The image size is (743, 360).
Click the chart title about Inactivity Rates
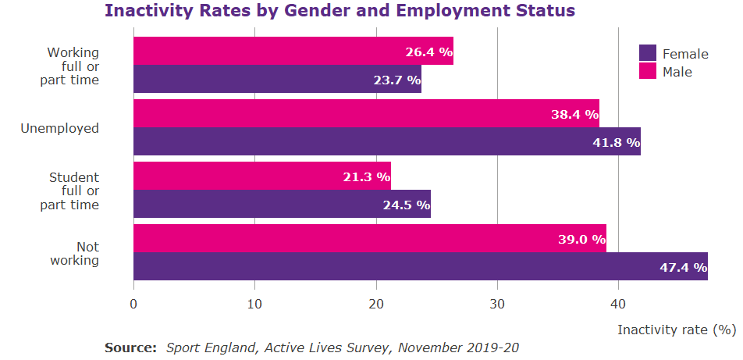340,11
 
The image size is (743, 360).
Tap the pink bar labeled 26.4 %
293,52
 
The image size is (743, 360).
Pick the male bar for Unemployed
366,114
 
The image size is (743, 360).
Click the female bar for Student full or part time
282,205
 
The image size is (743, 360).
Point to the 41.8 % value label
617,143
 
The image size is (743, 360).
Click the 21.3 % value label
366,177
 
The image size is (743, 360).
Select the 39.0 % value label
581,240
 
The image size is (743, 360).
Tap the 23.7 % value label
396,80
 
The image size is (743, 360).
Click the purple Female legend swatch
648,53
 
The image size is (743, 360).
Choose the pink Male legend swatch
648,71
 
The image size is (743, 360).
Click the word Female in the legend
685,54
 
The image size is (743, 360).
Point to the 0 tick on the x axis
133,304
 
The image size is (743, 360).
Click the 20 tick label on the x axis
376,304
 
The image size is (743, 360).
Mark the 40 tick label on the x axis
619,304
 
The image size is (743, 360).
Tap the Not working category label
76,254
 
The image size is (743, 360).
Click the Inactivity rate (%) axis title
677,330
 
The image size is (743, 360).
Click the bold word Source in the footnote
130,347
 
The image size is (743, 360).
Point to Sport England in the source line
204,347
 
